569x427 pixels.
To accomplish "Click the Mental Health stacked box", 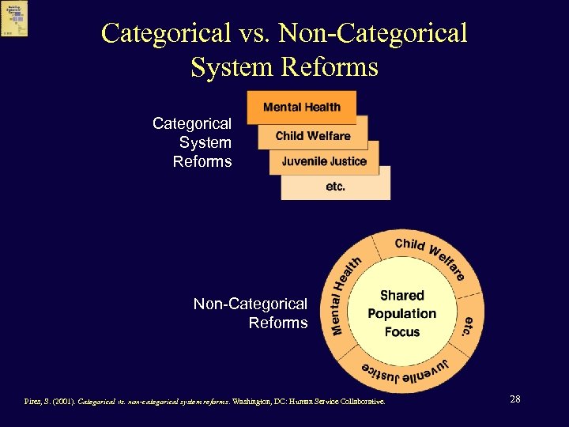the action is point(301,108).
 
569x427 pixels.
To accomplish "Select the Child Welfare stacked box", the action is point(312,135).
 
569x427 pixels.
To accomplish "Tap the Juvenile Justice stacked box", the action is point(324,161).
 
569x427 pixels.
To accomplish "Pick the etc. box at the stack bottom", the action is point(335,187).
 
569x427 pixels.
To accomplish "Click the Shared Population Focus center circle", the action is point(401,313).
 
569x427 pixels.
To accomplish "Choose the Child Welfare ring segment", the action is point(431,255).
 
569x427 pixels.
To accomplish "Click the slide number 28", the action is point(515,399).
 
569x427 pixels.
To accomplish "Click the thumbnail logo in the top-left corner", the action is point(15,18).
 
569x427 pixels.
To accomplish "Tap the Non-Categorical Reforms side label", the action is point(251,313).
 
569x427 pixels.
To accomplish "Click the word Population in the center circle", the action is point(401,313).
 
